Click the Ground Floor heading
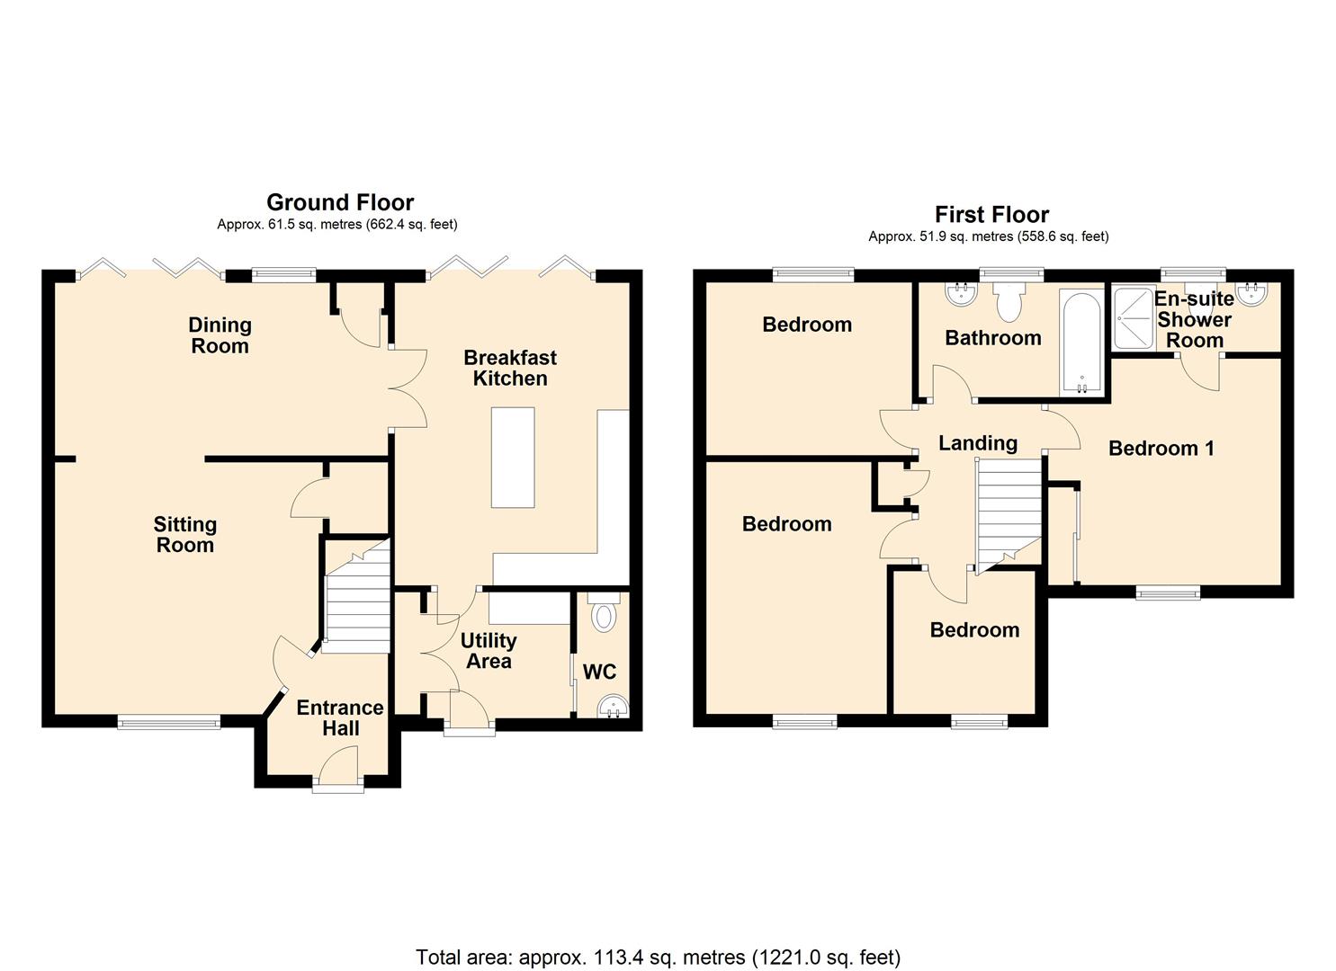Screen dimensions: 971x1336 [340, 202]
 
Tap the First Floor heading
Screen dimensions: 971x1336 [991, 215]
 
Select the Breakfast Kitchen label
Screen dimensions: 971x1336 [510, 368]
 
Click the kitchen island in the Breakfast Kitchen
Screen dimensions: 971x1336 [513, 457]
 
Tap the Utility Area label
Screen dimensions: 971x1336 [489, 651]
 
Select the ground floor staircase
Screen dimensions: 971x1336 [356, 597]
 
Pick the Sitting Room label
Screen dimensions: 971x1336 [184, 534]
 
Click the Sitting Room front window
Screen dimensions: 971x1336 [169, 721]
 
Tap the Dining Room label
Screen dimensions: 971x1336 [220, 335]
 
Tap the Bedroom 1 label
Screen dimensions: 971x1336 [1161, 448]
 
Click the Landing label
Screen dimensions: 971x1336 [977, 443]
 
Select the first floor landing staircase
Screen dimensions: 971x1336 [1008, 512]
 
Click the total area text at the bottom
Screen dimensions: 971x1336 [658, 957]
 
